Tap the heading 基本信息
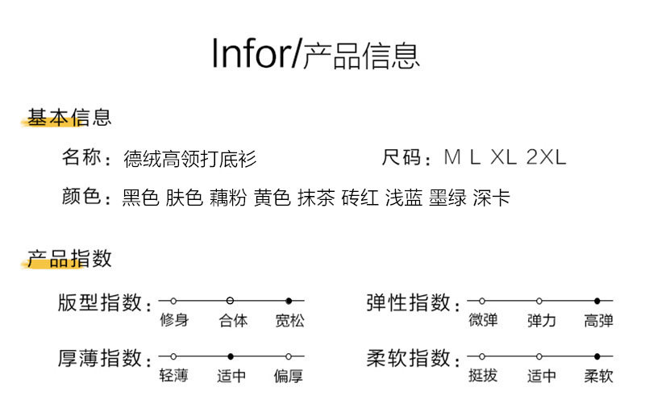coord(69,118)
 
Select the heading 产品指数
coord(69,259)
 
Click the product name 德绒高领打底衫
coord(190,158)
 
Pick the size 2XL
coord(546,157)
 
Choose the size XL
coord(503,157)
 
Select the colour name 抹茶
coord(316,198)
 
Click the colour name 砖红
coord(360,198)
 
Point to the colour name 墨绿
coord(447,198)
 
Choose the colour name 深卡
coord(492,198)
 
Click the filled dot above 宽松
coord(289,301)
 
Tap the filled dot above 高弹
coord(597,301)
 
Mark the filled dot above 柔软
coord(597,356)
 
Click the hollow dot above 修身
coord(173,301)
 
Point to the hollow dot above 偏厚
coord(288,356)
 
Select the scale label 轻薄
coord(173,376)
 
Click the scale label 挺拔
coord(482,376)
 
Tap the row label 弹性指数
coord(409,303)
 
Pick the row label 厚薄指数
coord(100,358)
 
